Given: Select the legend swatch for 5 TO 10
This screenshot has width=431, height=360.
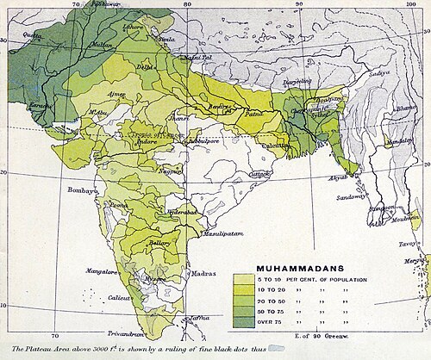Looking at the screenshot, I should click(243, 280).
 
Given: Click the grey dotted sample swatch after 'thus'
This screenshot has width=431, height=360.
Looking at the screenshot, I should click(278, 349).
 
